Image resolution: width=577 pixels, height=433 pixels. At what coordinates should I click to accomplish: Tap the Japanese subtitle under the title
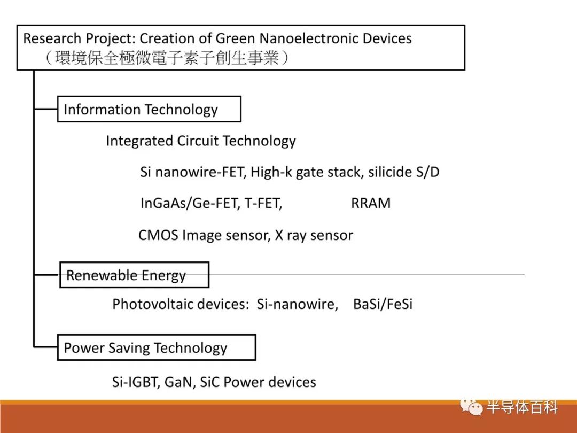click(x=167, y=58)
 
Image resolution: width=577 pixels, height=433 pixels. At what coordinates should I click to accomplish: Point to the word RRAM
click(x=371, y=203)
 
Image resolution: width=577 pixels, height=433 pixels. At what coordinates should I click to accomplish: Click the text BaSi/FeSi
click(x=383, y=304)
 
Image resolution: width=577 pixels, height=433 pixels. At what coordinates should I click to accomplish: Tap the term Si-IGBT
click(x=135, y=382)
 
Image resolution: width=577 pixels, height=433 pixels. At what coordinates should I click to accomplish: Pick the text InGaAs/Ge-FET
click(x=190, y=203)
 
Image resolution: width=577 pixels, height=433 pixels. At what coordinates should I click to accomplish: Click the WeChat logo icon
click(x=471, y=407)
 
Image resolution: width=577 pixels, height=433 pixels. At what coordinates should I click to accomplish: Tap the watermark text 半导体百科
click(x=522, y=407)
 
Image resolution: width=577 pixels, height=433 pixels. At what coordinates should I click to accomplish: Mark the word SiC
click(x=209, y=382)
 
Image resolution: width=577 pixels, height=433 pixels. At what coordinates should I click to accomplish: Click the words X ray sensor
click(x=314, y=235)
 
